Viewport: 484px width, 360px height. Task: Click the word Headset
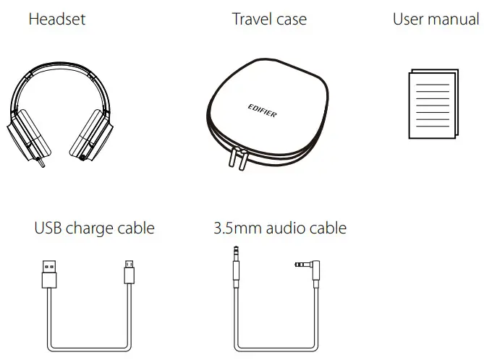(56, 19)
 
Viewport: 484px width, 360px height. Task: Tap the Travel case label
(268, 19)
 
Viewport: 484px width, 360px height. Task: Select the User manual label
(436, 19)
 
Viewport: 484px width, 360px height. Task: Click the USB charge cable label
(94, 228)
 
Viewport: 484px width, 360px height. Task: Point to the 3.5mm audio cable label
(280, 228)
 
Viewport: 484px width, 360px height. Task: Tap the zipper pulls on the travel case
(236, 158)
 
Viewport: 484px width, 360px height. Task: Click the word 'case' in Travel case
(290, 19)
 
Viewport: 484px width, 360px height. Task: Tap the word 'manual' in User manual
(454, 19)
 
